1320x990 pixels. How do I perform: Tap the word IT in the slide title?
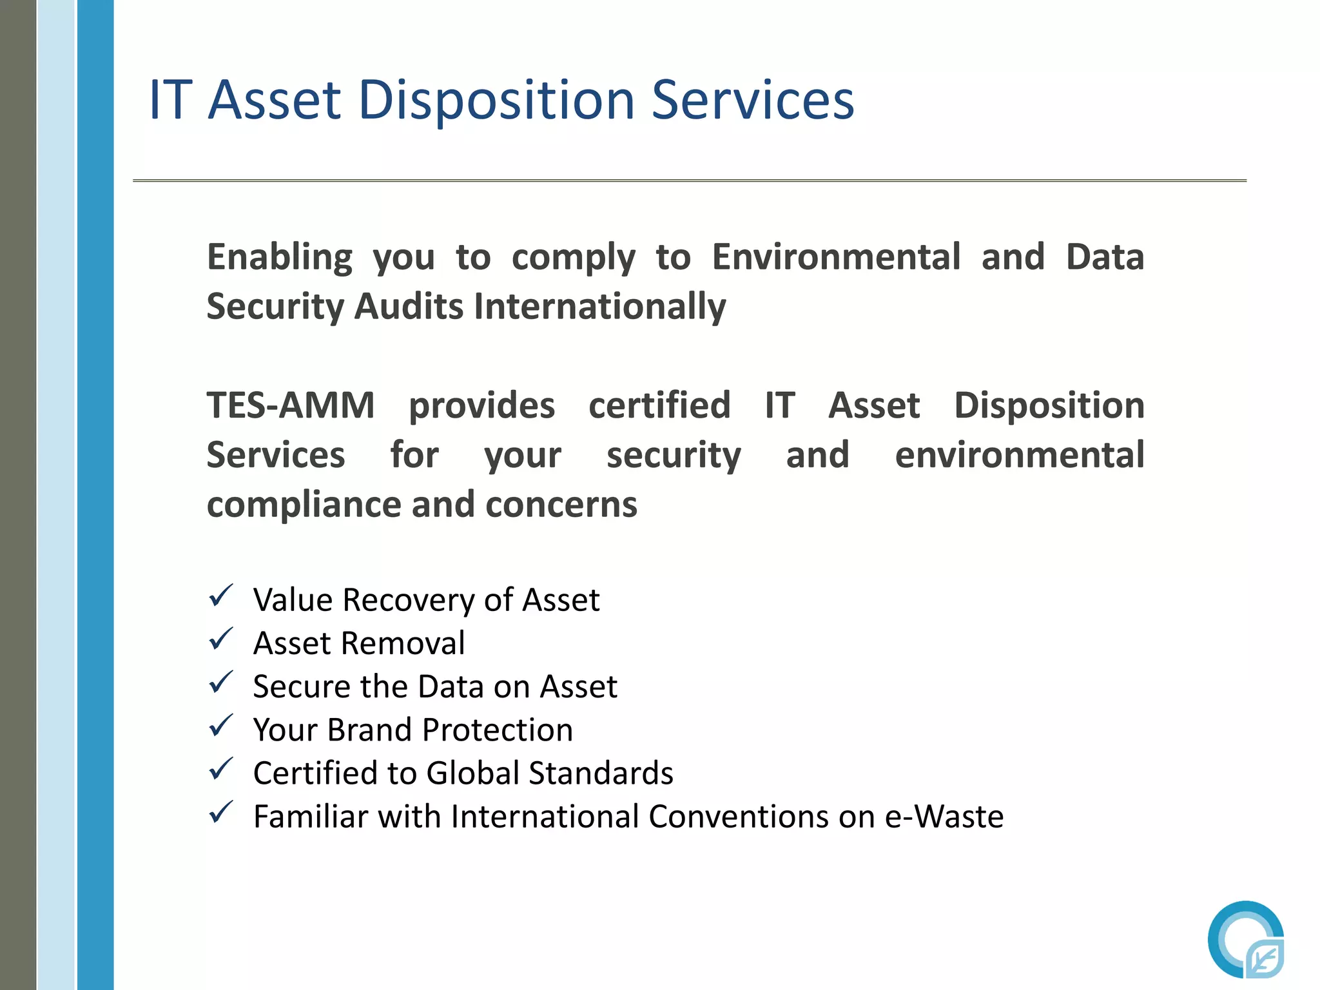pyautogui.click(x=171, y=101)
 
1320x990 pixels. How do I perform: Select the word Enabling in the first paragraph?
pyautogui.click(x=280, y=258)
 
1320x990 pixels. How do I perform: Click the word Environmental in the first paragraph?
pyautogui.click(x=837, y=257)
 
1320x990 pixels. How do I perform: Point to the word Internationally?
pyautogui.click(x=599, y=306)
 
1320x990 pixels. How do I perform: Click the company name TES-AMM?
pyautogui.click(x=291, y=406)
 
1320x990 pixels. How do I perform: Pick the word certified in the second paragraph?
pyautogui.click(x=659, y=406)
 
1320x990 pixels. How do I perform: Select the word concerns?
pyautogui.click(x=561, y=505)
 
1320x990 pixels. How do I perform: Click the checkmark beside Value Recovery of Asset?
pyautogui.click(x=220, y=596)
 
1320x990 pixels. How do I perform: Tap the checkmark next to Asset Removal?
pyautogui.click(x=220, y=639)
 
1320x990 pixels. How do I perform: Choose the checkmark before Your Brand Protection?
pyautogui.click(x=220, y=726)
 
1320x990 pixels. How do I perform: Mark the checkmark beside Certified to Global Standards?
pyautogui.click(x=220, y=770)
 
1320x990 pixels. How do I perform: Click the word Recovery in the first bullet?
pyautogui.click(x=409, y=601)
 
